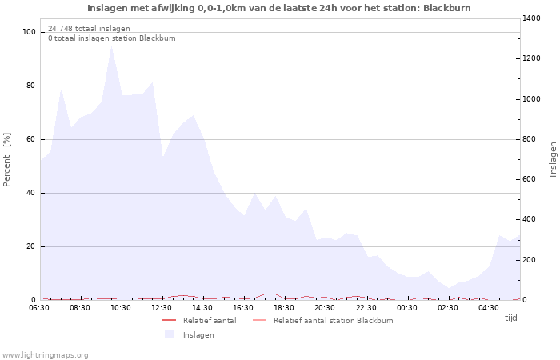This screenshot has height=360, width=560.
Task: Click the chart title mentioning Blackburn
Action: (279, 8)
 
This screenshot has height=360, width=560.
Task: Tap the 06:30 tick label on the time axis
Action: (39, 308)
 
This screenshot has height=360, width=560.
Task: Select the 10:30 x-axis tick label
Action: (121, 308)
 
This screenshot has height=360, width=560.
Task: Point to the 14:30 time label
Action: (202, 308)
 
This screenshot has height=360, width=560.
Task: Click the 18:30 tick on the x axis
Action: (284, 308)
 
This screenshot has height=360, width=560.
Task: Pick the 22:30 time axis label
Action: (366, 308)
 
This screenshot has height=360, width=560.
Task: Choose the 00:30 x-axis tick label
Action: (406, 308)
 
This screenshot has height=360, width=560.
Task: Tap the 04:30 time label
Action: (488, 308)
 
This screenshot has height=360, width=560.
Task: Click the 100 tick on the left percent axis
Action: (29, 32)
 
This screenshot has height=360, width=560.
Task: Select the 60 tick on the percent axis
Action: (31, 139)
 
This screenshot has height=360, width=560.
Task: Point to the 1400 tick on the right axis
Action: (533, 18)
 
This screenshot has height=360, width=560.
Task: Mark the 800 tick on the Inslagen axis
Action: (530, 139)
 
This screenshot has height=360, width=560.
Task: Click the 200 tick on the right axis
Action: (530, 260)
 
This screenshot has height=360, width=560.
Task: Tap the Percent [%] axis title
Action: (7, 160)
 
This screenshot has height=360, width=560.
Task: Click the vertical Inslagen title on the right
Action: (553, 159)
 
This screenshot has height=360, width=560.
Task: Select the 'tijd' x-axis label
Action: (510, 318)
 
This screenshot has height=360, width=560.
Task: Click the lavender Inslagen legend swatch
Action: (170, 334)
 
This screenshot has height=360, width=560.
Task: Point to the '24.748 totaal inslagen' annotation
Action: (89, 29)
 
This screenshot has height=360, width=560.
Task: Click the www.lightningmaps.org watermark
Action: (46, 354)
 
